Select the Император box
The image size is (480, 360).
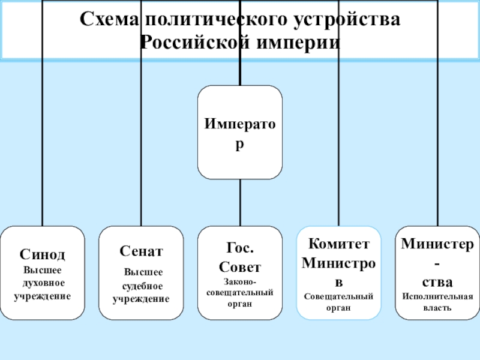(240, 132)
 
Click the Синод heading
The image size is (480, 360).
(42, 254)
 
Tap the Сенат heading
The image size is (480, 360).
(141, 251)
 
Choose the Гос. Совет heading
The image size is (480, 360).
(240, 257)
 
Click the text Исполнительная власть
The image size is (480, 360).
(437, 302)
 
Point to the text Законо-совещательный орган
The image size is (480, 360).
(240, 292)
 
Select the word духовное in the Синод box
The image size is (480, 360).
(43, 283)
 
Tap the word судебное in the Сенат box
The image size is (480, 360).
(142, 286)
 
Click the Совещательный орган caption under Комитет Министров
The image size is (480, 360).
(339, 302)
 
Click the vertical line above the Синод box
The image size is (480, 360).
(42, 150)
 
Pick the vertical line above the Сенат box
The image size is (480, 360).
(141, 150)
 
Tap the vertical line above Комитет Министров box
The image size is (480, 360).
(339, 150)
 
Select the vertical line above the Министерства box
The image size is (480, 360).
(437, 150)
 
